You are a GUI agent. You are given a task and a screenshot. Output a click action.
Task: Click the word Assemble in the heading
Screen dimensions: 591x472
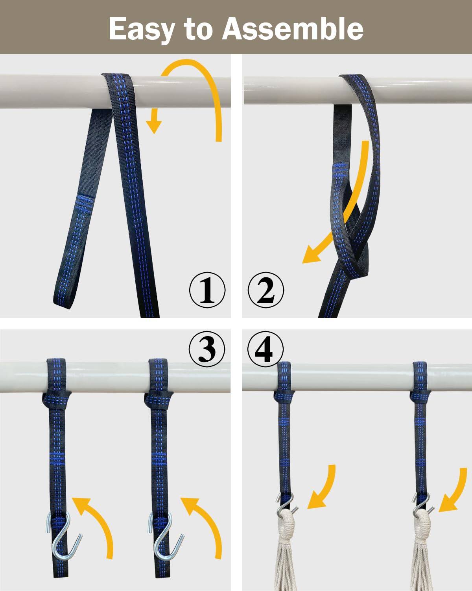click(x=293, y=28)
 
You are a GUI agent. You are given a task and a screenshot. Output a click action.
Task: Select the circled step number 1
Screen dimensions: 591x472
click(x=207, y=290)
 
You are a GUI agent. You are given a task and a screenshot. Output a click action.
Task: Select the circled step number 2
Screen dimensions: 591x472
click(x=265, y=290)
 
